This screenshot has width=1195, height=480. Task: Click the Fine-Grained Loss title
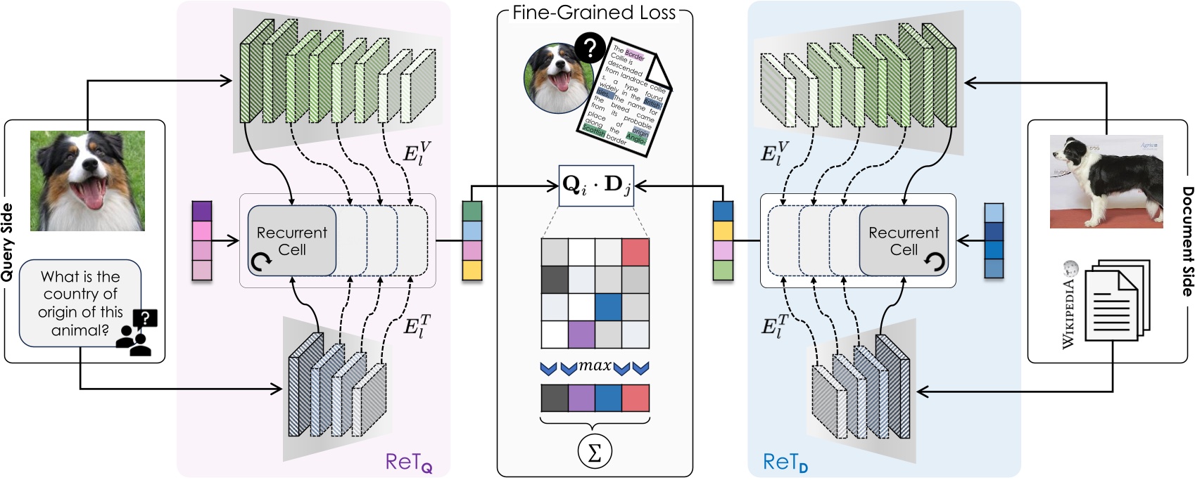point(594,13)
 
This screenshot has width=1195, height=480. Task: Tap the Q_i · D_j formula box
point(596,186)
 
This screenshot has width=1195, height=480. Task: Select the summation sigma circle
point(595,453)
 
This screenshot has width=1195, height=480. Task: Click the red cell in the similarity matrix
point(636,252)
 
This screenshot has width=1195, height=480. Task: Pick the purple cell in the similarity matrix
point(581,334)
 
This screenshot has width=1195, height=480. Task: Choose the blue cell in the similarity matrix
point(608,306)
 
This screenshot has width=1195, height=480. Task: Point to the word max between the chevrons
point(595,365)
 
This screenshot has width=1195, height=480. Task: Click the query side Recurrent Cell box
point(292,241)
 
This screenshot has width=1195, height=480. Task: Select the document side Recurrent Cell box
point(904,241)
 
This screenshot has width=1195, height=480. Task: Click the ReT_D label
point(785,462)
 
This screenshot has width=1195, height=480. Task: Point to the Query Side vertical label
point(8,242)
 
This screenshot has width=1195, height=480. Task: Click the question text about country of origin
point(80,303)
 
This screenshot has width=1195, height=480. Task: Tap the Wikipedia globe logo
point(1071,268)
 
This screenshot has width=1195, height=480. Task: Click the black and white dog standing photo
point(1106,181)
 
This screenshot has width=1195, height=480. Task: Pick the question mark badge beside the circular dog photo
point(590,48)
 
